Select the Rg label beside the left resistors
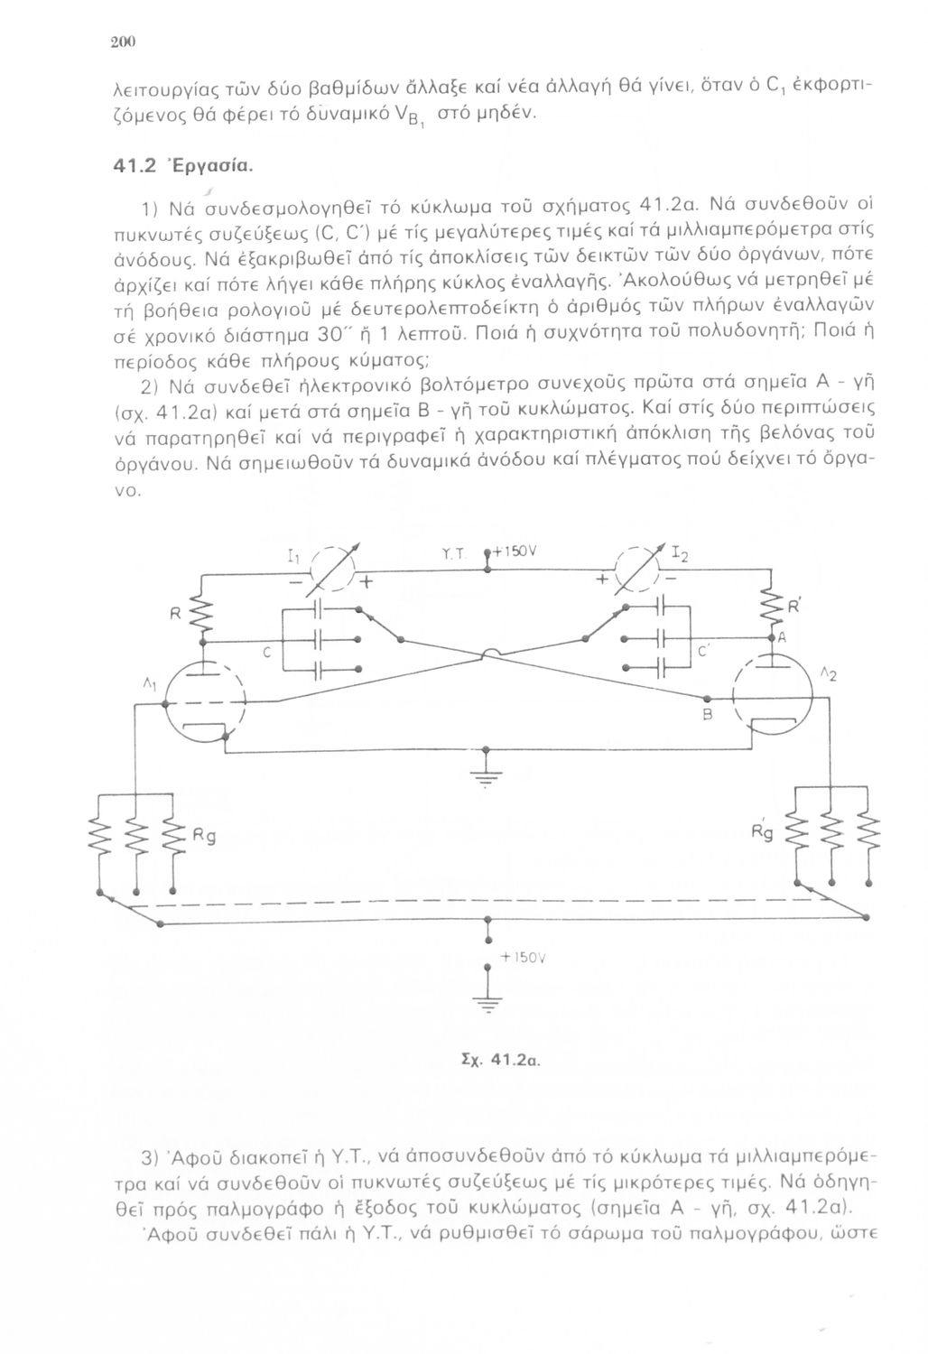tap(204, 838)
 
